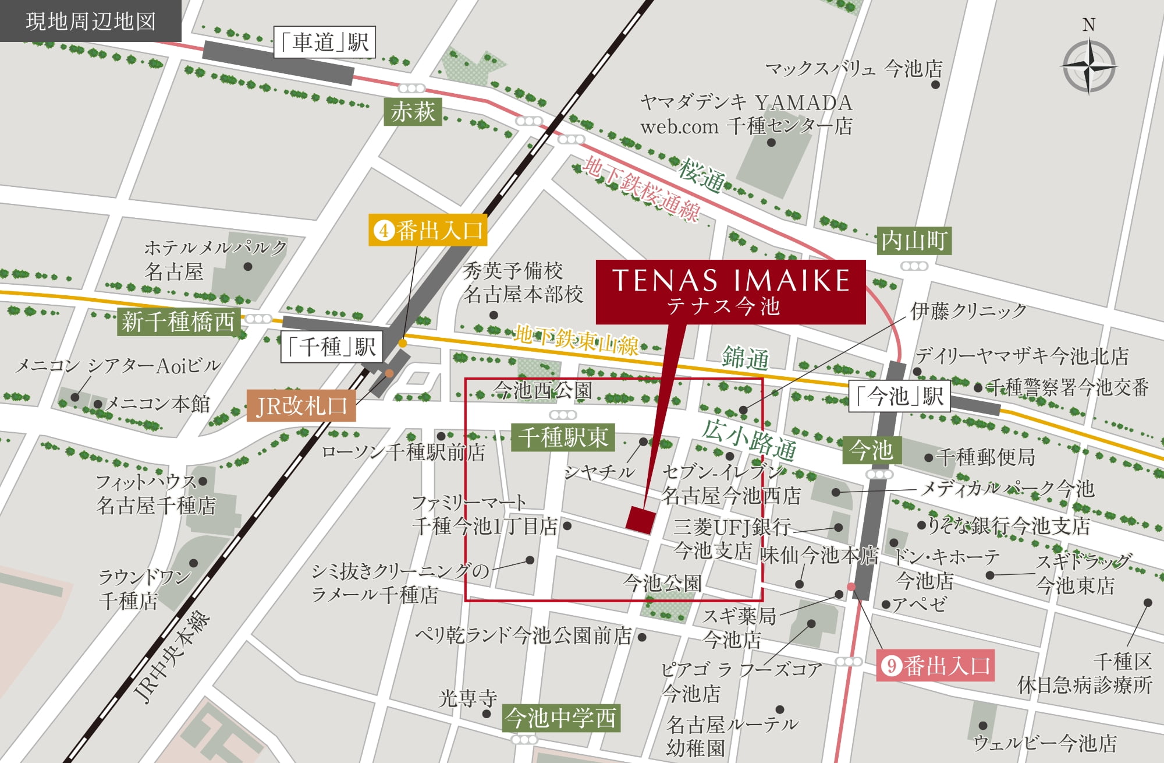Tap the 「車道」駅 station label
click(324, 42)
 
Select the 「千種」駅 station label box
click(332, 347)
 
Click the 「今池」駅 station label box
click(899, 397)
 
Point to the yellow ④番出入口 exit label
click(428, 231)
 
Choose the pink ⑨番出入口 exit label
click(935, 665)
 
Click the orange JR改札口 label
click(301, 405)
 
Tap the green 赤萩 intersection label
click(413, 111)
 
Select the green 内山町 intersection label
click(914, 241)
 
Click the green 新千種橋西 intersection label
click(178, 322)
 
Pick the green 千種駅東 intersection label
click(563, 437)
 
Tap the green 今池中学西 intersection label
click(561, 718)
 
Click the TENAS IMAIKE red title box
click(730, 291)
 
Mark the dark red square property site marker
click(640, 519)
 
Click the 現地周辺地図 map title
click(91, 21)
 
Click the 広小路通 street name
click(749, 439)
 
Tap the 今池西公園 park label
click(542, 390)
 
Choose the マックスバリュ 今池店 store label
click(853, 69)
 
